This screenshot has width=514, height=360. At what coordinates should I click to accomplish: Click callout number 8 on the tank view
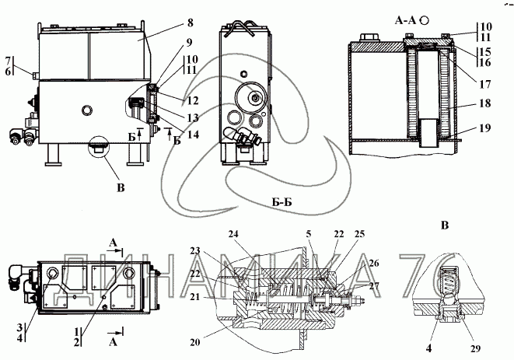pos(191,23)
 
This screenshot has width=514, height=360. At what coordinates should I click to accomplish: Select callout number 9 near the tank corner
pos(188,43)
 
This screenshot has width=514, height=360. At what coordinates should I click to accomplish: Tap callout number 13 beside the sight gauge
pos(193,117)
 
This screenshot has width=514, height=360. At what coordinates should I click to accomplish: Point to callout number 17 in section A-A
pos(484,84)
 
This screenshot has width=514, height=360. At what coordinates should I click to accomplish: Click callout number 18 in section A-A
pos(484,103)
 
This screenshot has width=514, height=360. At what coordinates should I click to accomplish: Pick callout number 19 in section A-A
pos(484,128)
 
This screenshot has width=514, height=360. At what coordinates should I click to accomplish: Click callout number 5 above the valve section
pos(309,234)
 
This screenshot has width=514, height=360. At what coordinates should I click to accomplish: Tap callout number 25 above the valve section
pos(359,234)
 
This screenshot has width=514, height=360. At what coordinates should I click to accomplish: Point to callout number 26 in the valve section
pos(374,263)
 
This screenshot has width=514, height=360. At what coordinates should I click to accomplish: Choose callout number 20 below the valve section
pos(195,342)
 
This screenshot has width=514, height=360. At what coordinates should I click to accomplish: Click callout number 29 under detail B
pos(475,348)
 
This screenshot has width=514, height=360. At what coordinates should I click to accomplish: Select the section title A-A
pos(405,21)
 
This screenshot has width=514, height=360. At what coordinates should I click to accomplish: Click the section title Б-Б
pos(282,202)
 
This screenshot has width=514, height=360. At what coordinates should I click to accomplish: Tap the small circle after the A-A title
pos(425,20)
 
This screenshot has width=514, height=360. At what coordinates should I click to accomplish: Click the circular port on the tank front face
pos(87,110)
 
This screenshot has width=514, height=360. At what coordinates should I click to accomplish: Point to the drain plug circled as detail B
pos(98,149)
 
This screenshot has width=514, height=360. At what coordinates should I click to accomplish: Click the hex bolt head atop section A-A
pos(368,37)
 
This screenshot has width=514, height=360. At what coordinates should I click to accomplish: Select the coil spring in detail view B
pos(448,280)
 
